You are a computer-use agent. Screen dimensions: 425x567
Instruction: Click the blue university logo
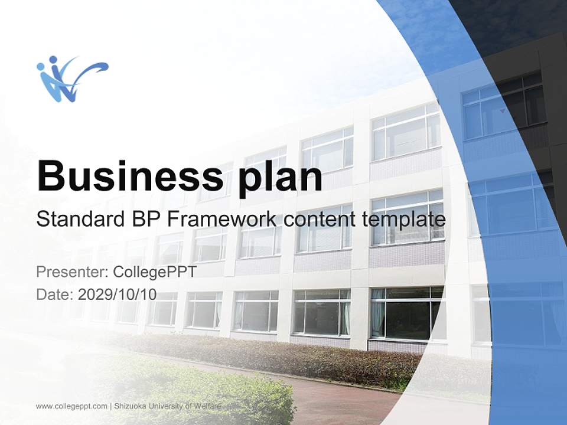[71, 79]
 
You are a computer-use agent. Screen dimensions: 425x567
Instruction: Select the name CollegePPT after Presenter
[154, 272]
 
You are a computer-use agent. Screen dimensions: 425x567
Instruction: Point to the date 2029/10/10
[118, 294]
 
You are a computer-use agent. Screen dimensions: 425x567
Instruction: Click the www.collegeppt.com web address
[71, 406]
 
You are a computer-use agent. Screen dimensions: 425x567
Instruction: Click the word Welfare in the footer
[208, 406]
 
